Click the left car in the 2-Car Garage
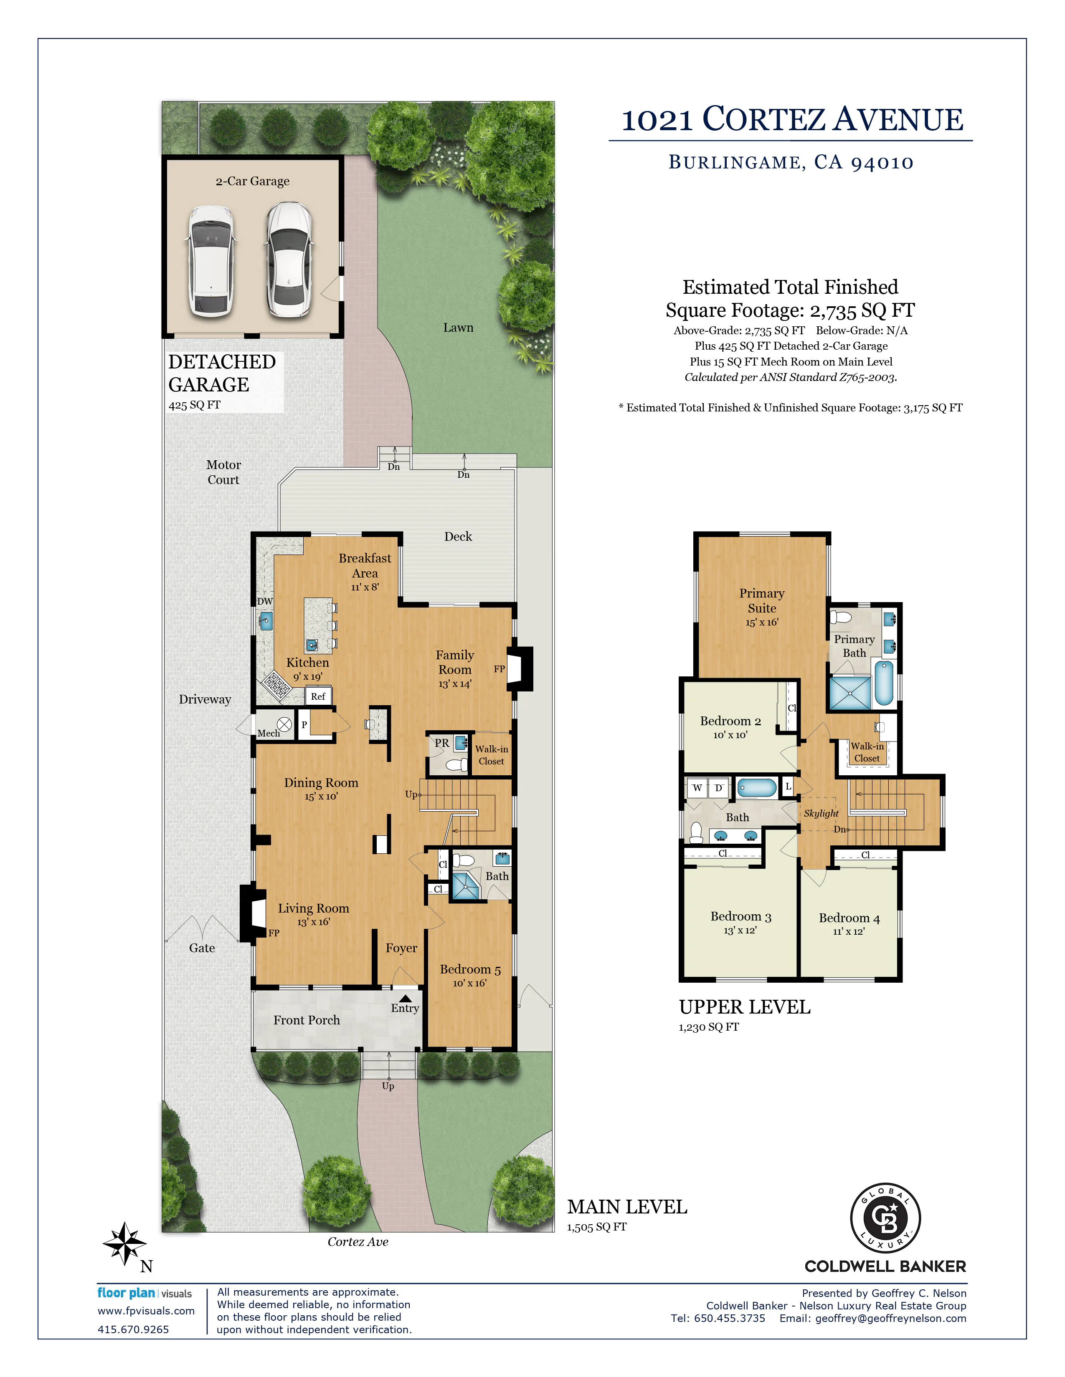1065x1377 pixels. (x=210, y=261)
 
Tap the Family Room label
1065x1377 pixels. (x=455, y=662)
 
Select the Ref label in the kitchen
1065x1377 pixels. (x=318, y=696)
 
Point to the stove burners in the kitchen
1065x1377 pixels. (x=276, y=686)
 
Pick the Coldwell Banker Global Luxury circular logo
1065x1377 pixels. (x=885, y=1218)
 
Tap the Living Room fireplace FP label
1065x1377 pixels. (x=274, y=933)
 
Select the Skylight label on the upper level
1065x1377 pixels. (x=821, y=813)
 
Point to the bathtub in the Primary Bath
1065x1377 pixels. (x=884, y=682)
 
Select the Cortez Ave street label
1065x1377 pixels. (x=358, y=1241)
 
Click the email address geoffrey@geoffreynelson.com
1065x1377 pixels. (x=890, y=1318)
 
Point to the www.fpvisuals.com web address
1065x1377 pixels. (x=146, y=1311)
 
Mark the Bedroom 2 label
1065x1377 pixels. (x=730, y=721)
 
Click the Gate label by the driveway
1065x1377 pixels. (x=202, y=948)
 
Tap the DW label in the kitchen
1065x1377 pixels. (x=265, y=601)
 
